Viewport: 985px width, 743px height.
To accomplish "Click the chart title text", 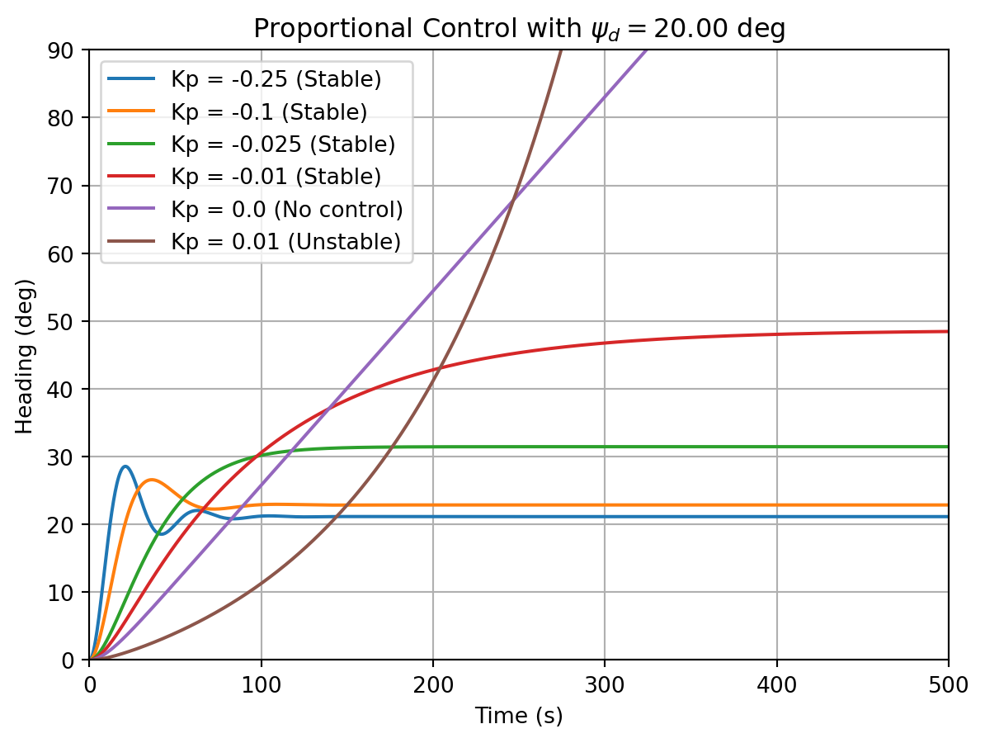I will (519, 29).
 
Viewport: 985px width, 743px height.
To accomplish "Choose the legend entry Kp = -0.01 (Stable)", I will (276, 177).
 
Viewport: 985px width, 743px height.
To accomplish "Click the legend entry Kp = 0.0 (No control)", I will (286, 209).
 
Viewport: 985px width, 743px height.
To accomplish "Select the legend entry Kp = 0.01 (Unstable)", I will (285, 241).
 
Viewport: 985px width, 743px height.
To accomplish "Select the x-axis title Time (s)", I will (519, 716).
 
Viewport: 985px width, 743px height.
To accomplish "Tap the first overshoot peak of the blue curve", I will (125, 466).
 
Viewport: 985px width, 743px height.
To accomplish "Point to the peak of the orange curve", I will (151, 480).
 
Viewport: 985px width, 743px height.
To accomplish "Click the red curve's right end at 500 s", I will (947, 331).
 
